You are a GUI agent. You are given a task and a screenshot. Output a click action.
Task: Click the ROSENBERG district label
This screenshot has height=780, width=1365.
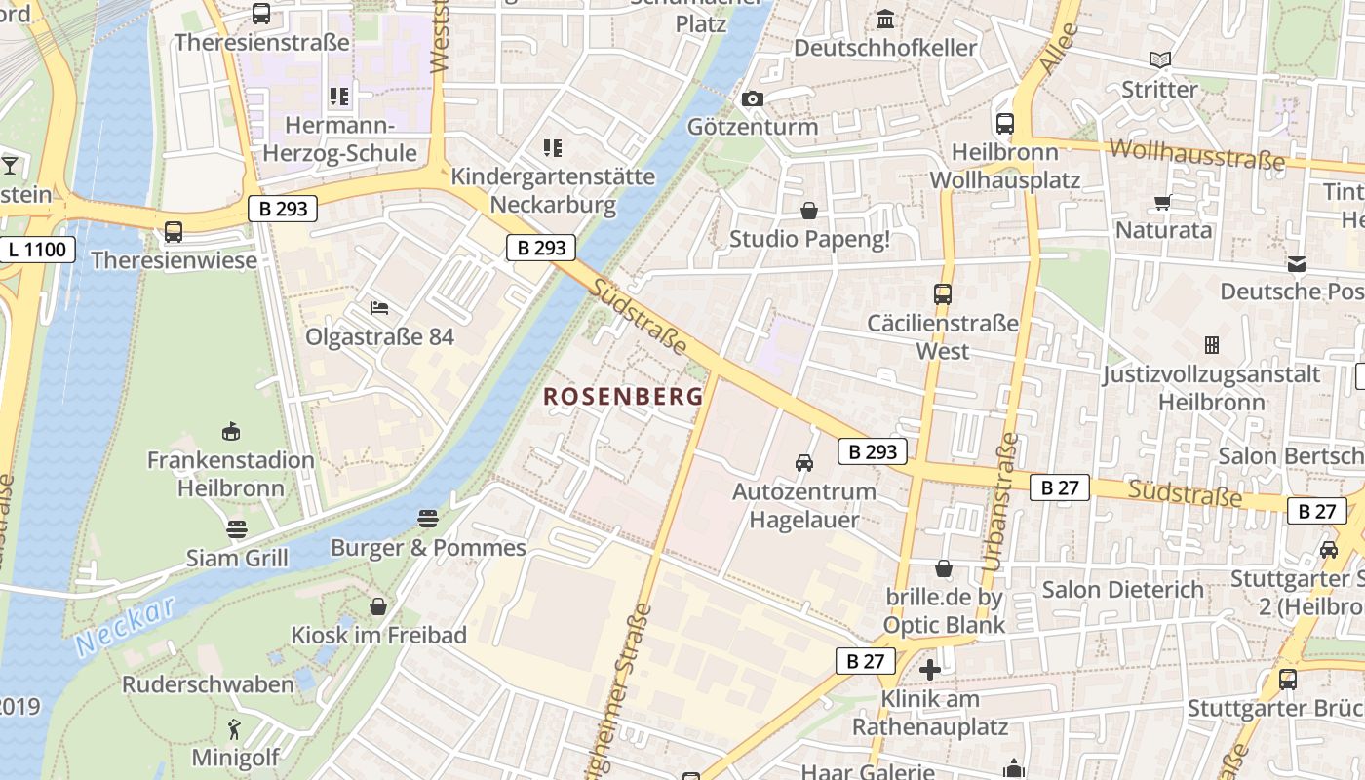click(x=623, y=396)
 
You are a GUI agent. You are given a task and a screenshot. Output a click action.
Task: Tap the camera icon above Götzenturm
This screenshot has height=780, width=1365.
click(x=752, y=98)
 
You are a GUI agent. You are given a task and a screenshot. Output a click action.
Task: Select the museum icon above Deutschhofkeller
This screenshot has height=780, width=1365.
click(x=885, y=19)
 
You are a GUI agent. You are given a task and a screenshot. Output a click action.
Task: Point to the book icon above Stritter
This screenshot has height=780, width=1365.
click(x=1159, y=60)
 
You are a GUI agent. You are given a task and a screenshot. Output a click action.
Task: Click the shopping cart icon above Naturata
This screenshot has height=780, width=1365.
click(x=1162, y=202)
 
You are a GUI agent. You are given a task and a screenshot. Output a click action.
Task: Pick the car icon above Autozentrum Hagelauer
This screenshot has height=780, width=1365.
click(x=804, y=462)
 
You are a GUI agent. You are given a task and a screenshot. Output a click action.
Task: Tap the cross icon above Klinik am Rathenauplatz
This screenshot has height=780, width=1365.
click(x=930, y=670)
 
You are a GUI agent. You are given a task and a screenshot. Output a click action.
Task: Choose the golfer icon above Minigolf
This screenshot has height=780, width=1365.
click(x=234, y=728)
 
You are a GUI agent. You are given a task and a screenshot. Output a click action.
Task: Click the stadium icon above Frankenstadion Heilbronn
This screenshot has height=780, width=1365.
click(x=231, y=431)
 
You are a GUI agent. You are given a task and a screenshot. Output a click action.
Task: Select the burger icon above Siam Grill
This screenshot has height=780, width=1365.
click(x=237, y=529)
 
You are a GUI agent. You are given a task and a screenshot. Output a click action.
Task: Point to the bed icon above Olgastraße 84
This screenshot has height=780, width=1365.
click(x=379, y=308)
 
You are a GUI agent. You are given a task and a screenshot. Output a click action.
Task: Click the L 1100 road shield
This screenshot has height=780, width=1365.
click(x=38, y=250)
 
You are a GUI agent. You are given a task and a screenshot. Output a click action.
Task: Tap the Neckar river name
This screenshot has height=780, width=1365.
click(x=124, y=627)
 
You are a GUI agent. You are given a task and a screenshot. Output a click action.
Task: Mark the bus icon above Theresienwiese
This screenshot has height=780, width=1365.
click(x=174, y=232)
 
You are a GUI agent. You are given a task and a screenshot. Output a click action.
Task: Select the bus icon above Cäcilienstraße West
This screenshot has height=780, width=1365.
click(x=943, y=293)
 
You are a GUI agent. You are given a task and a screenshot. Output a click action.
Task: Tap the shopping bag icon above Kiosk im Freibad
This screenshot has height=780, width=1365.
click(x=378, y=606)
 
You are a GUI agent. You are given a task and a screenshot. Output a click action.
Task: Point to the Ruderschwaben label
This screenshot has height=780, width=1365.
click(x=208, y=684)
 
